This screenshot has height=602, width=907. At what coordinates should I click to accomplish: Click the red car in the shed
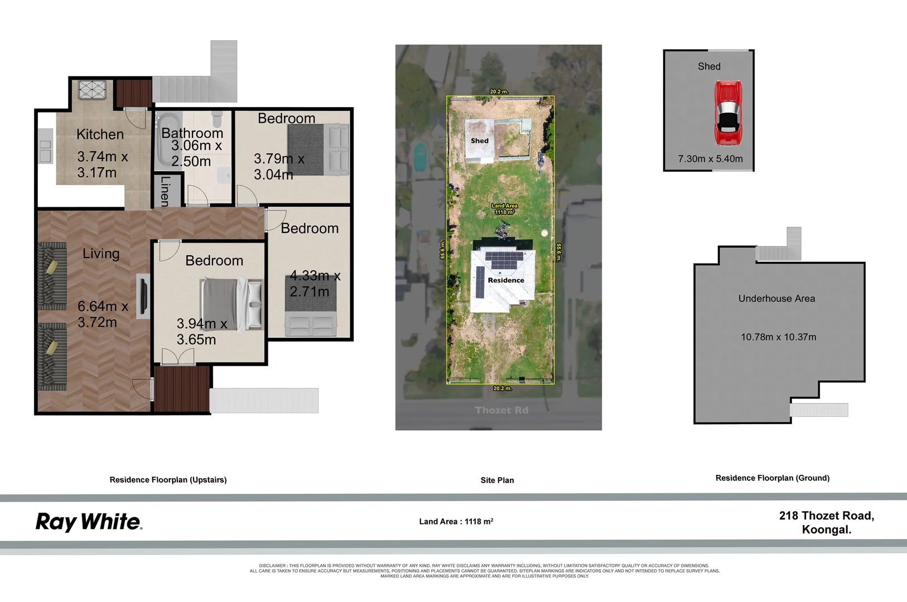(728, 113)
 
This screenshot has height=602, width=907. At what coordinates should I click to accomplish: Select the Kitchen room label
(100, 134)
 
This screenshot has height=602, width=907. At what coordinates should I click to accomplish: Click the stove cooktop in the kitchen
(92, 90)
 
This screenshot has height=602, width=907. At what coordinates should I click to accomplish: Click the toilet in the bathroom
(217, 119)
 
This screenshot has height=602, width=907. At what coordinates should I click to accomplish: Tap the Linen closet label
(165, 191)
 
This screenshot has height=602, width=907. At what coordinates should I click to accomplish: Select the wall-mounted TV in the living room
(143, 295)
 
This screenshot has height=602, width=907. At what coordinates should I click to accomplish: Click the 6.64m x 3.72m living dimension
(103, 314)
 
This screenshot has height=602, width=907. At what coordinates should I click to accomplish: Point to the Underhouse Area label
(776, 299)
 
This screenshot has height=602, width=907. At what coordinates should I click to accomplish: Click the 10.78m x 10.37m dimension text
(778, 337)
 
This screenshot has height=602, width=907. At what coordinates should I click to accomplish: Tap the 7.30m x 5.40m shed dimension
(710, 159)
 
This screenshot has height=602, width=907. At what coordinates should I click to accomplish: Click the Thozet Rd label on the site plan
(501, 410)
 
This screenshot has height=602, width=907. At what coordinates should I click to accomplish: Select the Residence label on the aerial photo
(505, 280)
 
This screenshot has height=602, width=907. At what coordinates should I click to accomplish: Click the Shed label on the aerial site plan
(479, 141)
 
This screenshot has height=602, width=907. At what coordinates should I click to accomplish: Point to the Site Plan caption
(497, 480)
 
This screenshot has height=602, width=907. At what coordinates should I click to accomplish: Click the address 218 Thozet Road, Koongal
(826, 522)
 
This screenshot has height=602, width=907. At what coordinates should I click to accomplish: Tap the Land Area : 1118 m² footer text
(456, 522)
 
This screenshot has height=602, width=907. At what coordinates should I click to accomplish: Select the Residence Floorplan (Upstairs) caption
(168, 480)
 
